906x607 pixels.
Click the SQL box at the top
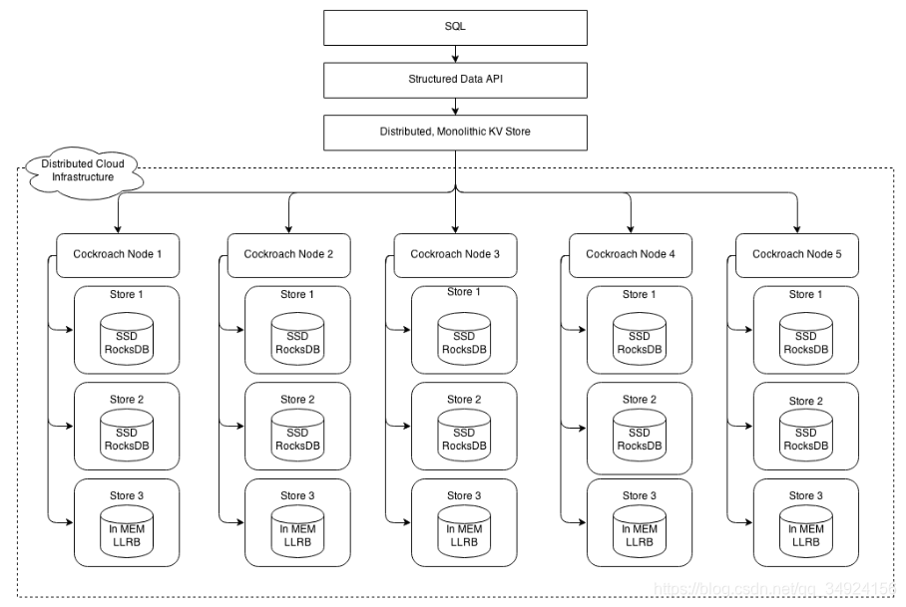(455, 27)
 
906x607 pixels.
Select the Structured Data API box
(455, 79)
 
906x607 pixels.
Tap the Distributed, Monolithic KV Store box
(455, 132)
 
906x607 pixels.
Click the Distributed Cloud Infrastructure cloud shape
(83, 172)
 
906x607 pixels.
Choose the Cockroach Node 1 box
(117, 254)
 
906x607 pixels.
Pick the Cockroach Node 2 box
(288, 254)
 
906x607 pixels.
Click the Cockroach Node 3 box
(455, 254)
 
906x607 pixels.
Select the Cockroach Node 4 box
(630, 254)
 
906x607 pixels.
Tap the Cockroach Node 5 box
(796, 254)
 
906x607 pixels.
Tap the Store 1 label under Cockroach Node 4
(635, 294)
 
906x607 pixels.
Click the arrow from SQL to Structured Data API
(455, 53)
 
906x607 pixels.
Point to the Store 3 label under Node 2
(297, 495)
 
